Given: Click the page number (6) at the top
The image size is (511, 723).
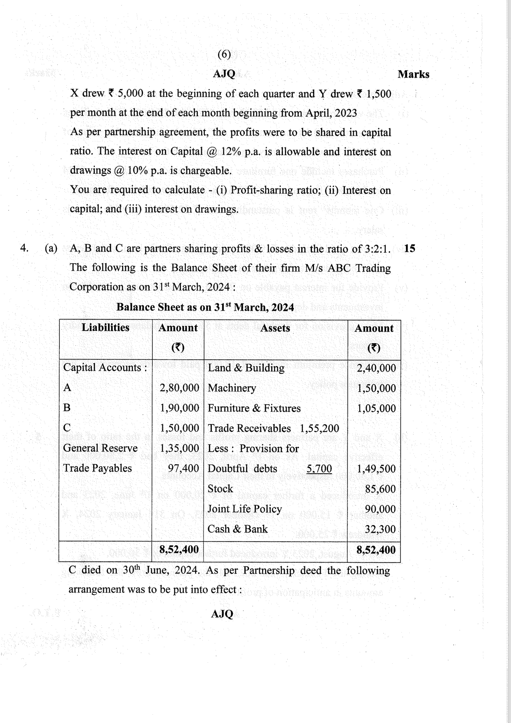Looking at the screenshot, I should [x=224, y=54].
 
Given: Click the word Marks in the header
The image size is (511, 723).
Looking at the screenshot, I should [x=413, y=75].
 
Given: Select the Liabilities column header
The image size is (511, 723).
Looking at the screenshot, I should [x=105, y=328].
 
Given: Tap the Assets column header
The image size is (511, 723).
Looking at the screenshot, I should [x=275, y=329].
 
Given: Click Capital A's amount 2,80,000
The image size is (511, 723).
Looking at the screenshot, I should [x=179, y=388].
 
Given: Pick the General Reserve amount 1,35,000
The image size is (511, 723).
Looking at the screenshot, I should [x=179, y=448].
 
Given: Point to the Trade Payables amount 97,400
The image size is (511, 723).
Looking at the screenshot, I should [x=183, y=469].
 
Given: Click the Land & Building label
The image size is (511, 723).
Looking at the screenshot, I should [x=246, y=368].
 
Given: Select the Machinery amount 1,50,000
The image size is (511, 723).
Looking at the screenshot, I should [x=376, y=388].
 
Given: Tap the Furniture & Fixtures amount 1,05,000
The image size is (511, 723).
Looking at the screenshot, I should [x=376, y=408].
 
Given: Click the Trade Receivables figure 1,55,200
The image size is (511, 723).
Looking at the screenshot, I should [x=319, y=429].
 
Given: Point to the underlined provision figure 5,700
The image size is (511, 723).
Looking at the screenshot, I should [x=319, y=469].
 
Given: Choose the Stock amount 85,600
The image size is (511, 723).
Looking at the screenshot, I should [x=380, y=489].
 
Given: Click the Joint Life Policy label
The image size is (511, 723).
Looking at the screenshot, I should [x=244, y=509].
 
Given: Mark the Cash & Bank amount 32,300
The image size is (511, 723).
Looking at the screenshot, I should [x=380, y=530].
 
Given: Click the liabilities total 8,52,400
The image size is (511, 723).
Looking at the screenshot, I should [x=179, y=550].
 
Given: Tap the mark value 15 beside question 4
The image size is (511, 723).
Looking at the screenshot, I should [x=410, y=249].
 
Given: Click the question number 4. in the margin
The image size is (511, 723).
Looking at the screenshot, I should [x=24, y=248].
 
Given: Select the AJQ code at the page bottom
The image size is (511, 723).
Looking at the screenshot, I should [x=222, y=614].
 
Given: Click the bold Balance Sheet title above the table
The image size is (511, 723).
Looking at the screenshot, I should [x=205, y=308].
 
